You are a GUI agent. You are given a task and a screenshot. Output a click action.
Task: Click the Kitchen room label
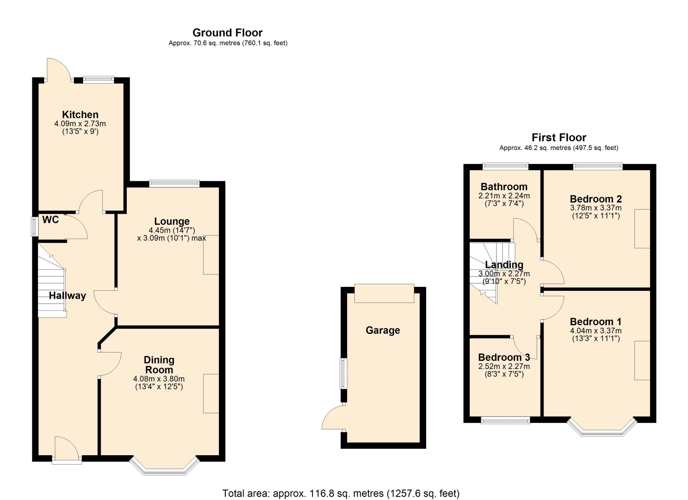(x=80, y=115)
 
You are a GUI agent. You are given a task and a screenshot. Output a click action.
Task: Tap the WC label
(x=51, y=220)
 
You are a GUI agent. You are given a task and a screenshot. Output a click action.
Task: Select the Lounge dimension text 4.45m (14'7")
(x=172, y=230)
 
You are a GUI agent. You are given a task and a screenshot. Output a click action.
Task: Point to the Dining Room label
(x=159, y=365)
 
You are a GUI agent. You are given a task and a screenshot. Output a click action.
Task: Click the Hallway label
(x=67, y=295)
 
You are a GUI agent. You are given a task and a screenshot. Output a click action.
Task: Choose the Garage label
(x=383, y=330)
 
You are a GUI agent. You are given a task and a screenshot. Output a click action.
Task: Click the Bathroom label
(x=504, y=187)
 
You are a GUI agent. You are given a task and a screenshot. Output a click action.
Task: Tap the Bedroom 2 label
(x=596, y=199)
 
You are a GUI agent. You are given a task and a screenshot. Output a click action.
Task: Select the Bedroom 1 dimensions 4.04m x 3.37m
(x=596, y=331)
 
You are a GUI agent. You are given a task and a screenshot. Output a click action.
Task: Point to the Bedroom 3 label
(x=504, y=357)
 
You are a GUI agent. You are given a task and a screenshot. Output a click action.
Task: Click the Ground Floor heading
(x=228, y=33)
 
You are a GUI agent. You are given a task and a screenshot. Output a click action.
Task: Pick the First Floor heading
(x=559, y=137)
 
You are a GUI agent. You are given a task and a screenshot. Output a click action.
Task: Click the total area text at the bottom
(x=341, y=494)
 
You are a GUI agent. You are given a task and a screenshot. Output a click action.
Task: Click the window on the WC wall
(x=34, y=226)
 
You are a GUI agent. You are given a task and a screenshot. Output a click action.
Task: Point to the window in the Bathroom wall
(x=505, y=166)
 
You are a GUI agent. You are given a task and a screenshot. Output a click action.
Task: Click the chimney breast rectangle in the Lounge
(x=211, y=255)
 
